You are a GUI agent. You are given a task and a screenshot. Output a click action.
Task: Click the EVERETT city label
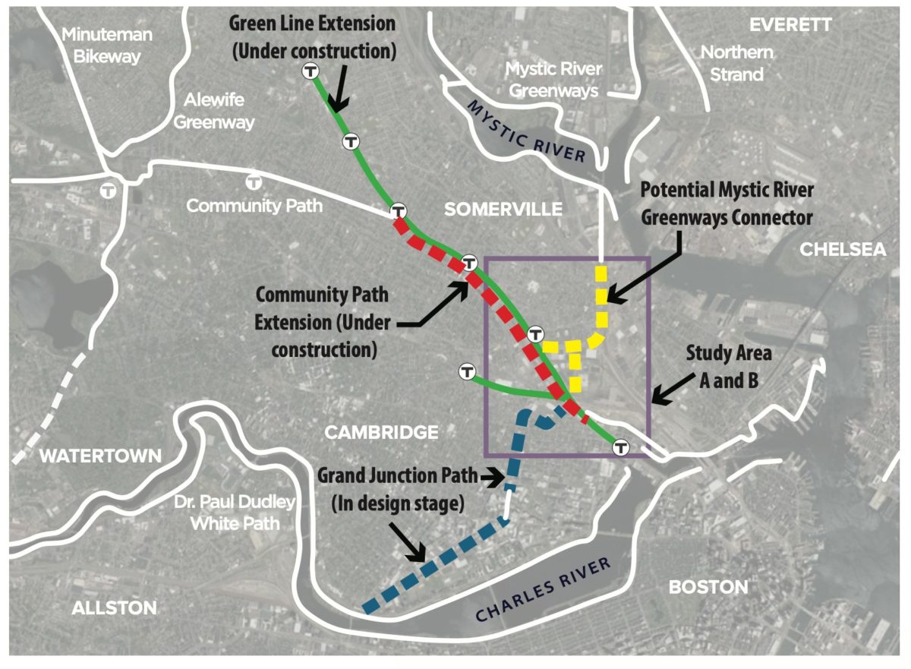point(790,25)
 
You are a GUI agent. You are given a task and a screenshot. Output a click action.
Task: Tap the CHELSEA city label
point(843,250)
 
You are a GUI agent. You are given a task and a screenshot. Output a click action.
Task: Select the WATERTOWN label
point(101,456)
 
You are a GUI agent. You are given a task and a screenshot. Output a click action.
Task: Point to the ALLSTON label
point(114,607)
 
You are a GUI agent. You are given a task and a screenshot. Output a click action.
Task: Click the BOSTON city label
point(708,587)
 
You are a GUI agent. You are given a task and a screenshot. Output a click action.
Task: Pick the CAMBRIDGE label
point(382,432)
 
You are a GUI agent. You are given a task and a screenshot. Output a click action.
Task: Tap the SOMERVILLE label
point(503,209)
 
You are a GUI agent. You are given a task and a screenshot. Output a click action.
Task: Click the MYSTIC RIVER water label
point(528,131)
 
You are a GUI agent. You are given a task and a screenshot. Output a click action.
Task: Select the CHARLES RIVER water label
point(544,589)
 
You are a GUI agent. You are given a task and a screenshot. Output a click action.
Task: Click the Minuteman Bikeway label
point(107,46)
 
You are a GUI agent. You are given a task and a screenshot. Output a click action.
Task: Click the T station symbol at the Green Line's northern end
point(310,71)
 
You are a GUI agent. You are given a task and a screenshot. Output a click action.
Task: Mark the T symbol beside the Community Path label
point(254,182)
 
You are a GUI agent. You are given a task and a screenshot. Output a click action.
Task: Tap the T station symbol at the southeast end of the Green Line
point(622,447)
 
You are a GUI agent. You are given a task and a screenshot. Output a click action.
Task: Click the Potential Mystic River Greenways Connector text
point(727,203)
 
